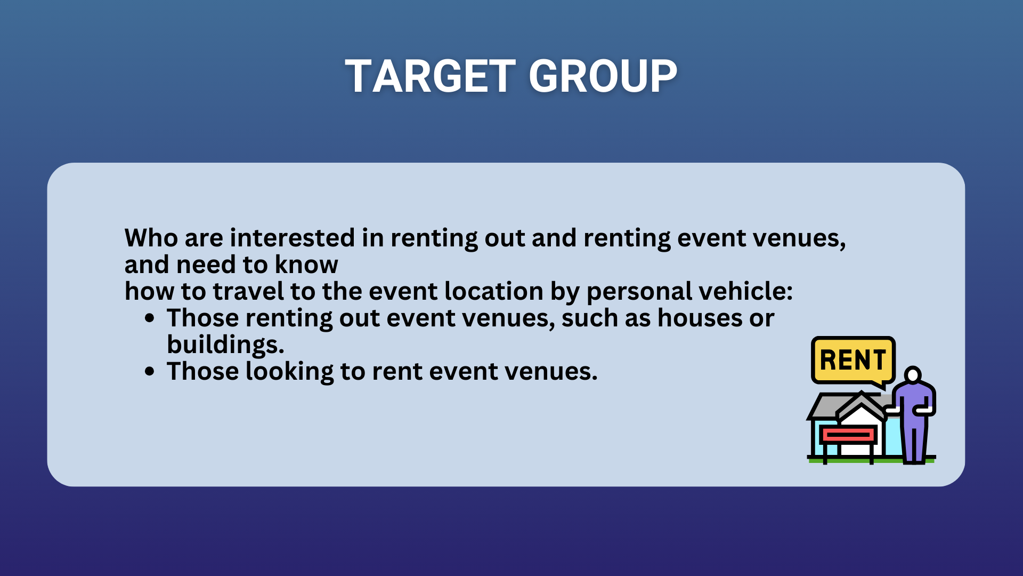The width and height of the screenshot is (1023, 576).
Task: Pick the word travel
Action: pyautogui.click(x=248, y=291)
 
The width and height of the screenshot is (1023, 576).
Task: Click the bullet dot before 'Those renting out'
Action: pyautogui.click(x=150, y=318)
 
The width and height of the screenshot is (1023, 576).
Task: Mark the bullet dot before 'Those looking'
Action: pyautogui.click(x=150, y=372)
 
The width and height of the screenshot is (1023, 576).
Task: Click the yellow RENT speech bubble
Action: pyautogui.click(x=853, y=360)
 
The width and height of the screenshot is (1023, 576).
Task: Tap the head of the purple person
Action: pyautogui.click(x=913, y=374)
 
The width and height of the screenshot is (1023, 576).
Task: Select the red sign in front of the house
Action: pyautogui.click(x=848, y=435)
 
